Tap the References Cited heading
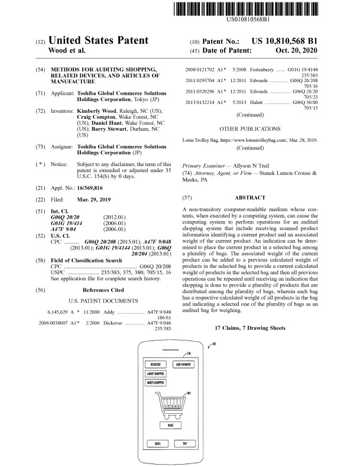(103, 274)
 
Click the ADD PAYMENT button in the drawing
(183, 364)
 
